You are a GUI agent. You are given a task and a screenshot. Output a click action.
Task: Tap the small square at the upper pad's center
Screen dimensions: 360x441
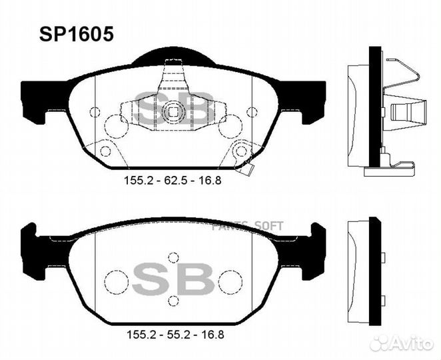[x=173, y=112]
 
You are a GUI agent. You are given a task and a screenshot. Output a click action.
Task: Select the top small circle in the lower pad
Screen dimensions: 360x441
[x=174, y=257]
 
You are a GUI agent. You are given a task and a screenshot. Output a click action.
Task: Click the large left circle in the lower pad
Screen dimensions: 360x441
[x=118, y=279]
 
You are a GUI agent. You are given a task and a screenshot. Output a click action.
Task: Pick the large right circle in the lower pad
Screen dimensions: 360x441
[x=229, y=279]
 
